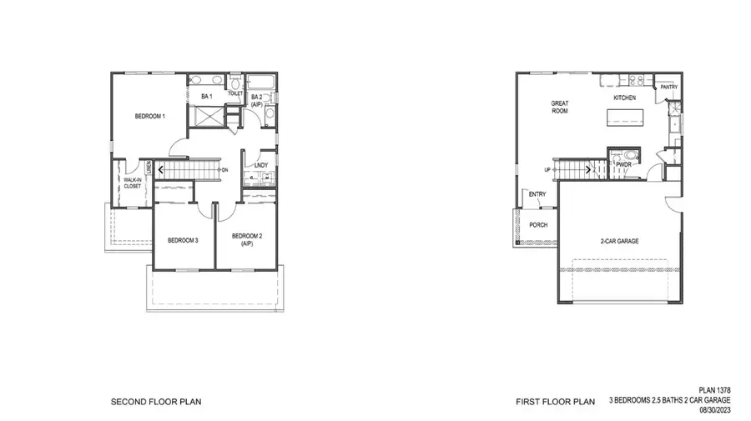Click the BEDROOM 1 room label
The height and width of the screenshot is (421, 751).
pyautogui.click(x=151, y=116)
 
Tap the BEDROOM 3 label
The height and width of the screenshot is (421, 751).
pyautogui.click(x=183, y=240)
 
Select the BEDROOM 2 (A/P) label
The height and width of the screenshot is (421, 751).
pyautogui.click(x=247, y=239)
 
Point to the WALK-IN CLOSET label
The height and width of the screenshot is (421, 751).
pyautogui.click(x=132, y=183)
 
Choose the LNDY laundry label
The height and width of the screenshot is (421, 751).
pyautogui.click(x=260, y=166)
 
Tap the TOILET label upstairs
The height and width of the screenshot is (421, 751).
pyautogui.click(x=235, y=93)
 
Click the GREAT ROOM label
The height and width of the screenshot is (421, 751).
pyautogui.click(x=559, y=108)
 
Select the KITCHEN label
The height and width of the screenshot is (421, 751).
pyautogui.click(x=625, y=98)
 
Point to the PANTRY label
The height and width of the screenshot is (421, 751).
pyautogui.click(x=668, y=87)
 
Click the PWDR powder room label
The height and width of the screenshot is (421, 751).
pyautogui.click(x=622, y=165)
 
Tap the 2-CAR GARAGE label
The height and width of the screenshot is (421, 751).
pyautogui.click(x=620, y=240)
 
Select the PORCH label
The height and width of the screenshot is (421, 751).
pyautogui.click(x=539, y=225)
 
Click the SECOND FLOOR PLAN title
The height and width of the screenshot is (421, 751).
pyautogui.click(x=155, y=402)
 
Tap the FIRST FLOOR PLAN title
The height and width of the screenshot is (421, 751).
pyautogui.click(x=555, y=402)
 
